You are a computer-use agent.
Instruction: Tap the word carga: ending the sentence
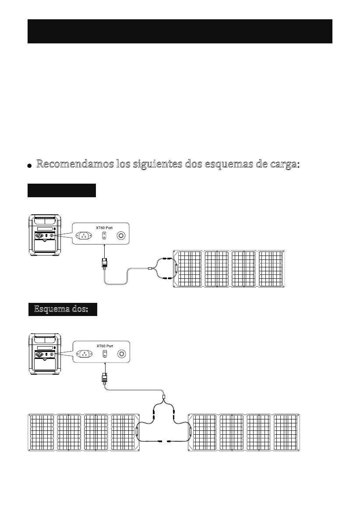(x=279, y=165)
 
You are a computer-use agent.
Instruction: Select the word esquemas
(x=227, y=165)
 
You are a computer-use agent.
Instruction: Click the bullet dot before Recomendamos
(x=29, y=166)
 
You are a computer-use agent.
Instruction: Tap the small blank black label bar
(x=61, y=191)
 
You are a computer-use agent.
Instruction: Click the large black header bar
(x=180, y=31)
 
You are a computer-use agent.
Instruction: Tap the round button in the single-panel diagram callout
(x=121, y=236)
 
